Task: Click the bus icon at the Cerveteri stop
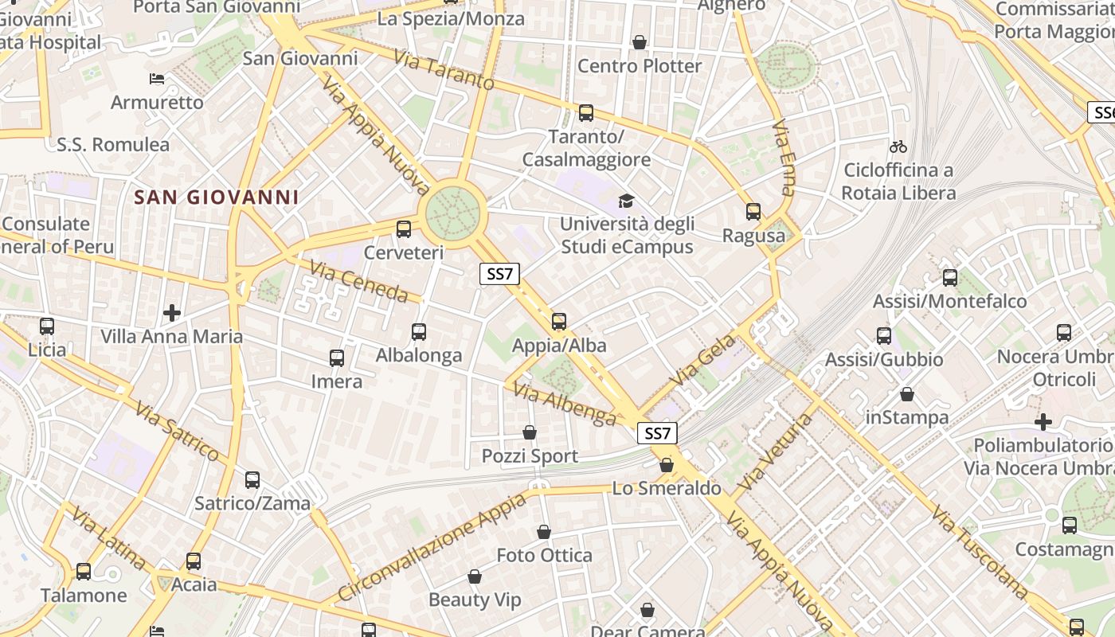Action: point(404,229)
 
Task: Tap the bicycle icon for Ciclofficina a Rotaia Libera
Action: point(898,147)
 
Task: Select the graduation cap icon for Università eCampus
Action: point(626,201)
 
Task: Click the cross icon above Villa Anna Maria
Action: point(171,313)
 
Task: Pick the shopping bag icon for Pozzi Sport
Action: point(530,432)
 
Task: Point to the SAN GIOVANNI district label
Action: point(217,197)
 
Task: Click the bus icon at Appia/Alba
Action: point(559,322)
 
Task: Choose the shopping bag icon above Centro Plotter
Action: point(639,42)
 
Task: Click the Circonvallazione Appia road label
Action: point(432,547)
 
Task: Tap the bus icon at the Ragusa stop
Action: point(753,212)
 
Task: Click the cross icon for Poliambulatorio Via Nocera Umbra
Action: point(1043,422)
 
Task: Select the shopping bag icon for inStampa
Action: point(906,394)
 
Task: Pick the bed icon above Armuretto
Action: point(157,79)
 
